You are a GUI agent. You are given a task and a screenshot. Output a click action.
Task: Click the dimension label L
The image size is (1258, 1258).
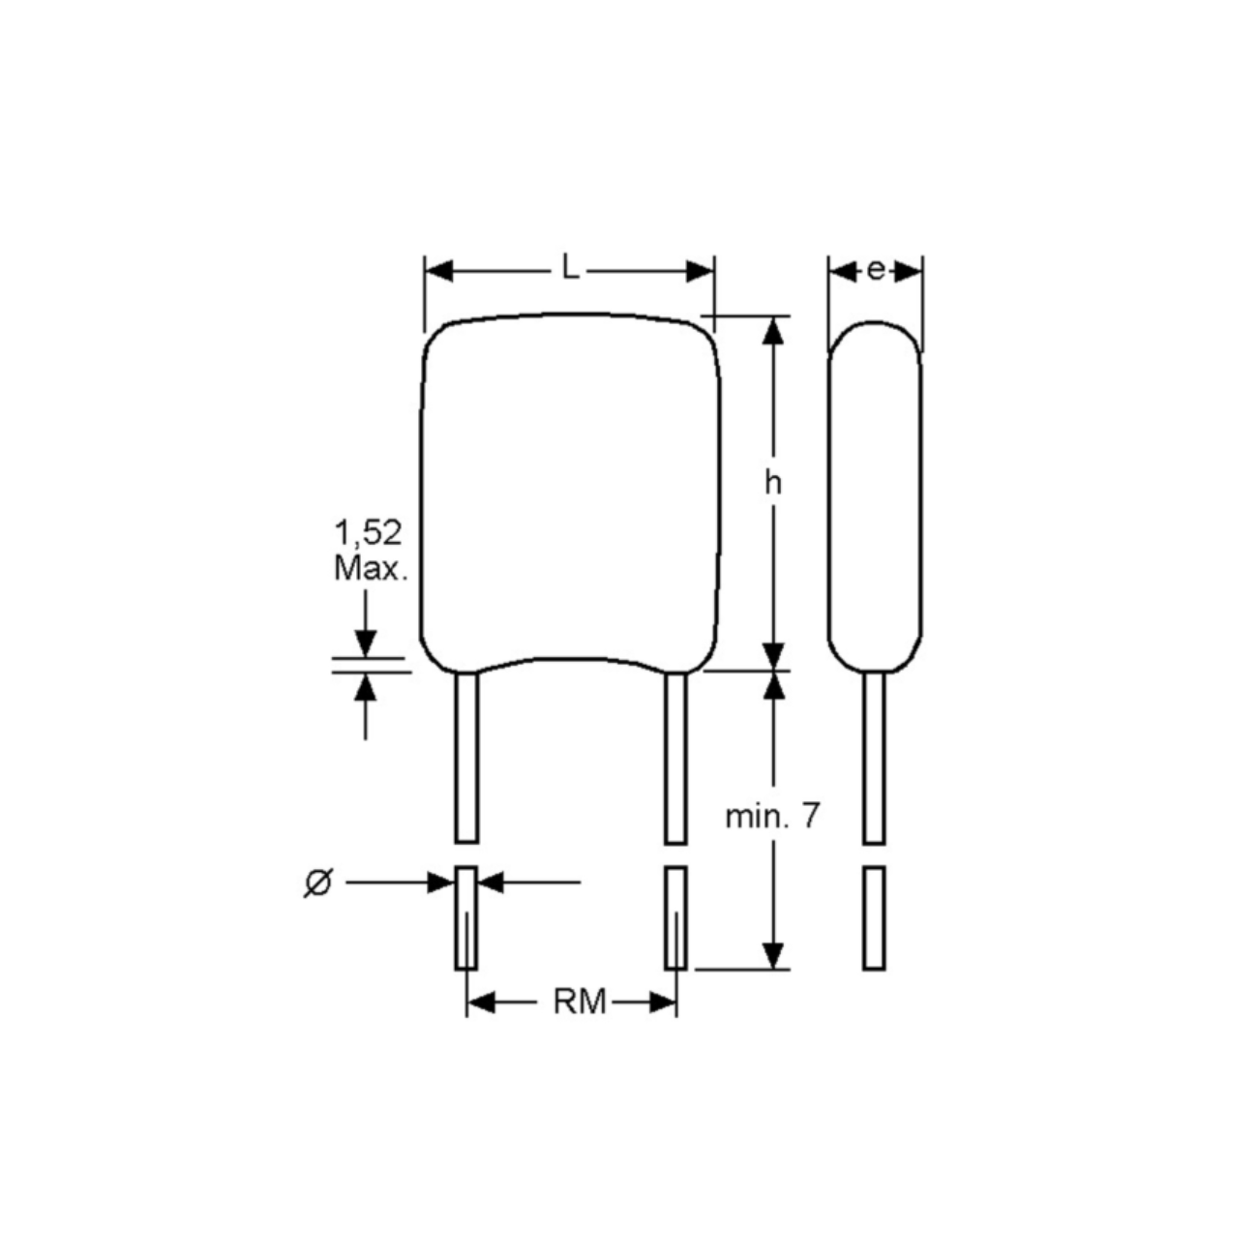[x=571, y=270]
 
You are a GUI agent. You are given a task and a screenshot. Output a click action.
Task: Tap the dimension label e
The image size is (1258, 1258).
[x=875, y=271]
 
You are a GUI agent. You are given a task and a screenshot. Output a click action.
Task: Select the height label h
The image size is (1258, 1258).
[x=772, y=483]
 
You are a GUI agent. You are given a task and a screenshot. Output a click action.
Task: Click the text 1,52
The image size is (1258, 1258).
[x=368, y=532]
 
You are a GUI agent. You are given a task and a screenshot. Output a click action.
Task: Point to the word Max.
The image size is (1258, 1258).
[x=370, y=568]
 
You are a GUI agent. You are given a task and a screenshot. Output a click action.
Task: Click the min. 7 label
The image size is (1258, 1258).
[x=772, y=817]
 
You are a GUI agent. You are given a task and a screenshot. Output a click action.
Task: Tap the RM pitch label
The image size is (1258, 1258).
[x=579, y=1003]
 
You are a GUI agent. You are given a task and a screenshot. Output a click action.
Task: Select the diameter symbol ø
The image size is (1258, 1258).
[x=317, y=883]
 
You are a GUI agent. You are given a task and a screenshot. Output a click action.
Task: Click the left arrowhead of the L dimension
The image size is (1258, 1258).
[x=439, y=271]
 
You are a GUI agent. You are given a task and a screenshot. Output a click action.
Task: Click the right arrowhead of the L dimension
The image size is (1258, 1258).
[x=700, y=271]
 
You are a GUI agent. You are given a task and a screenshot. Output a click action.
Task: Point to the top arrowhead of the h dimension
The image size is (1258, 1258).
[x=772, y=331]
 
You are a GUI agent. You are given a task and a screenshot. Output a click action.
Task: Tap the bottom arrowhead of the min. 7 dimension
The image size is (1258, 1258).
[x=772, y=954]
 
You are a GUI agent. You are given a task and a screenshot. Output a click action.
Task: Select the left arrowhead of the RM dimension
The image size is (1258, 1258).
[x=481, y=1003]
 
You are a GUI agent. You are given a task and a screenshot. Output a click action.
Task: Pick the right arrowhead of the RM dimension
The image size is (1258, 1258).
[x=663, y=1003]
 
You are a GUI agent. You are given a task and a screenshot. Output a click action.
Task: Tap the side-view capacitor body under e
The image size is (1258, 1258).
[x=875, y=494]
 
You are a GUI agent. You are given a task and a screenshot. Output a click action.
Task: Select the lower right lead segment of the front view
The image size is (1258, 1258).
[x=675, y=917]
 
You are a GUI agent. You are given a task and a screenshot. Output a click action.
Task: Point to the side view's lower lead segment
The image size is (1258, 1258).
[x=874, y=917]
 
